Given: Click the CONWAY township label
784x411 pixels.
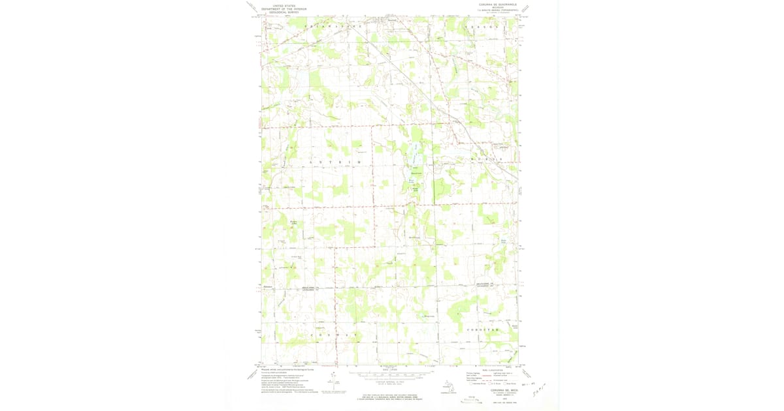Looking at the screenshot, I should coord(334,335).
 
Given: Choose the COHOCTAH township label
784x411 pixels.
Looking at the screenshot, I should coord(483,330).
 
